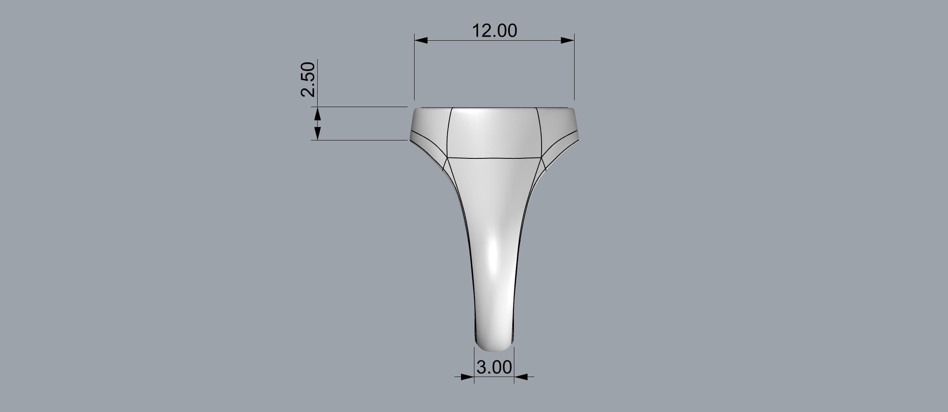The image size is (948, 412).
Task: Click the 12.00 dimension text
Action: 494,31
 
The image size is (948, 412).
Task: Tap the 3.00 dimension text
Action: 494,367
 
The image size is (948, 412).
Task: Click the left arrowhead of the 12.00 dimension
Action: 421,40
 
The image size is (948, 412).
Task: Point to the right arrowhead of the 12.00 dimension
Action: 568,40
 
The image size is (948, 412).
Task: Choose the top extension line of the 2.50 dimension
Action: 362,107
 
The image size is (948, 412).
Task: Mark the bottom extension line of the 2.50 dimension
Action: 362,140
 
